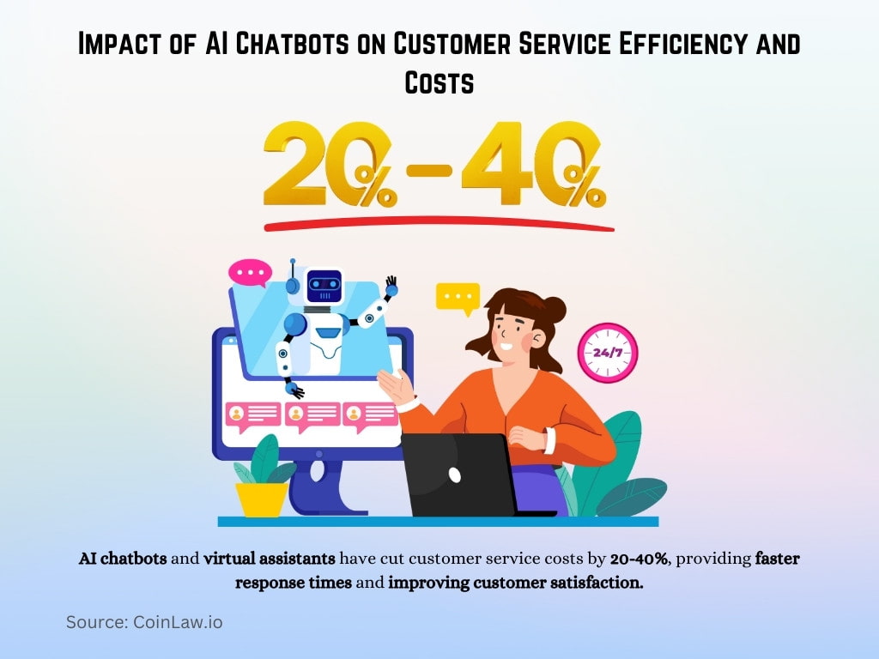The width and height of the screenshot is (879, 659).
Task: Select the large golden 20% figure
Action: coord(330,166)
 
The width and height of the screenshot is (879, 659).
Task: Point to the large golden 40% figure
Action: coord(533,166)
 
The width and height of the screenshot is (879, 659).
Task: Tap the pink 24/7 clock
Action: coord(607,353)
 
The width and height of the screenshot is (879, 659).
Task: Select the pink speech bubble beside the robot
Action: coord(250,274)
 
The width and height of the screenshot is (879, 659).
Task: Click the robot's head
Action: coord(324,285)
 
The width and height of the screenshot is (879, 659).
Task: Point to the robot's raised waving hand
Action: coord(391,285)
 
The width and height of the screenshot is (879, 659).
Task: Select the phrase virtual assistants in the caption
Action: coord(269,559)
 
